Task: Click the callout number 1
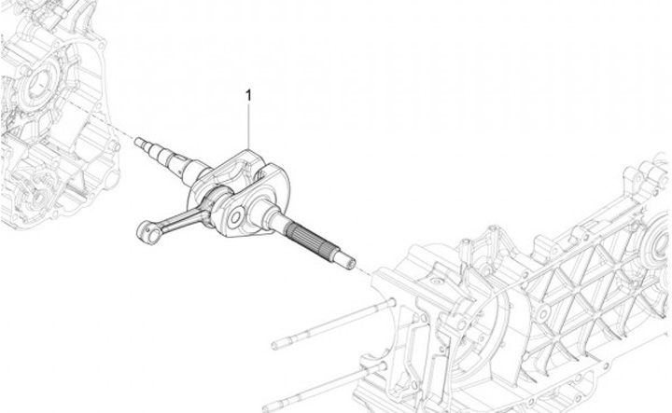pyautogui.click(x=248, y=94)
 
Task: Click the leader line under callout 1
pyautogui.click(x=249, y=121)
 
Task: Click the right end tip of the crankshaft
pyautogui.click(x=351, y=262)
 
